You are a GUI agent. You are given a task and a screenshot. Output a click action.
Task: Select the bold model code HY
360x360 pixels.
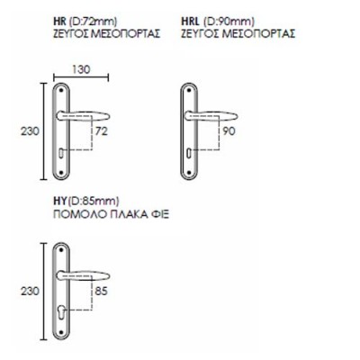[59, 201]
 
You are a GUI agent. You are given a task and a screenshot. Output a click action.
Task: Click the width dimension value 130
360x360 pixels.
[81, 69]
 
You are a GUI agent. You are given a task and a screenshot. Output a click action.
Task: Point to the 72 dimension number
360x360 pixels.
[101, 131]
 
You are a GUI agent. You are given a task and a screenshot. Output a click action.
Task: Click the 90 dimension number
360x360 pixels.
[229, 131]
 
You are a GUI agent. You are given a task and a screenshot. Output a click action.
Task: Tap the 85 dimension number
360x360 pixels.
[101, 291]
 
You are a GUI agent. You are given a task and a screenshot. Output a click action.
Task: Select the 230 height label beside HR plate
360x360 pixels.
[30, 131]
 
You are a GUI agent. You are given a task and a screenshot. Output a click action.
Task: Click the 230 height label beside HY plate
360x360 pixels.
[30, 291]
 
